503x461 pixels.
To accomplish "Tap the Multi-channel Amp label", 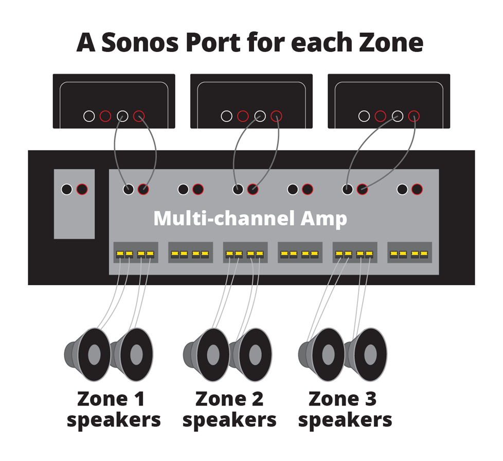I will tap(250, 218).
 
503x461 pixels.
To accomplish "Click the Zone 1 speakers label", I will tap(113, 410).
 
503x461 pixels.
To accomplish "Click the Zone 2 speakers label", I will tap(229, 410).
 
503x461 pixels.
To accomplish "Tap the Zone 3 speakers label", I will tap(345, 410).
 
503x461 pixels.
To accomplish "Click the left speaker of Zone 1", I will tap(88, 355).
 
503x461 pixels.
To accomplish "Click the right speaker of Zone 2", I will tap(250, 355).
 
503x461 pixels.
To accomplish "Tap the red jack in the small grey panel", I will tap(82, 189).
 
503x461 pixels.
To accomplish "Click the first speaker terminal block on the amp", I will tap(135, 253).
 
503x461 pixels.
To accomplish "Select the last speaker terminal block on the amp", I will tap(409, 253).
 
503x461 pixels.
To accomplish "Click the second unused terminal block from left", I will tap(300, 253).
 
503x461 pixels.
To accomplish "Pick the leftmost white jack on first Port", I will tap(89, 116).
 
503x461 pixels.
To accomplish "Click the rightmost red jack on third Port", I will tap(414, 116).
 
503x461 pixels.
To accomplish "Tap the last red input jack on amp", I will tap(417, 189).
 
